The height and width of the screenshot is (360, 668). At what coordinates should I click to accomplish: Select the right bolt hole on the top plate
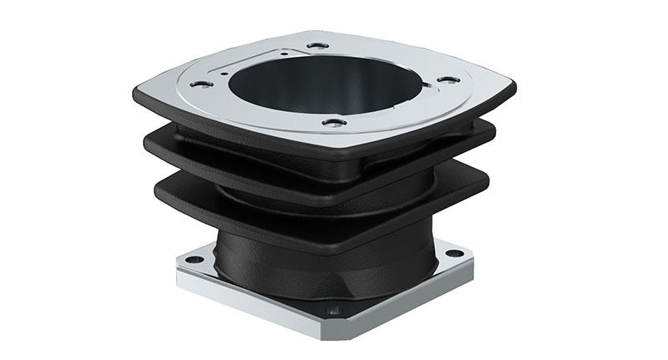[x=448, y=79]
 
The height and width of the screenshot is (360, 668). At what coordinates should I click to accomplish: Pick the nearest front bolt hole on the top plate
[x=335, y=124]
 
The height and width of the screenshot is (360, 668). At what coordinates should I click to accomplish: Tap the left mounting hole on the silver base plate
[x=194, y=260]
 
